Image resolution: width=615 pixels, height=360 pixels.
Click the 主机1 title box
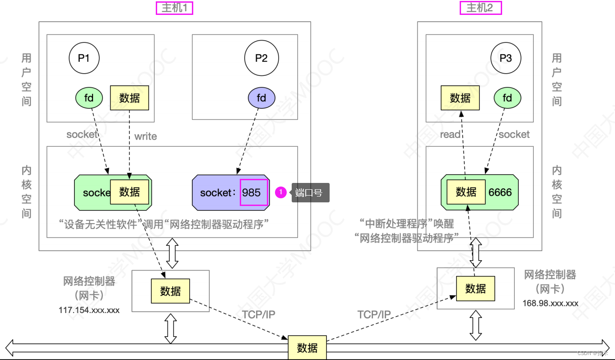coord(174,8)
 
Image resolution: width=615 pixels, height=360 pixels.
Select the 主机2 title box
coord(480,8)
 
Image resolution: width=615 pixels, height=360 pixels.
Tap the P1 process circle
coord(84,58)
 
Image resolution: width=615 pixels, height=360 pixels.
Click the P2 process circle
coord(261,58)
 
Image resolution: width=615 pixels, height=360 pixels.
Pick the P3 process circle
coord(506,58)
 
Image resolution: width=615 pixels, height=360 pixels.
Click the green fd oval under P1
coord(89,98)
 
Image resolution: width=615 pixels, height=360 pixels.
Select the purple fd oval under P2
coord(261,98)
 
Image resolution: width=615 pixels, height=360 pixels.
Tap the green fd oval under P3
coord(508,98)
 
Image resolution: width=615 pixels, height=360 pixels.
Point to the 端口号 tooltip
coord(310,193)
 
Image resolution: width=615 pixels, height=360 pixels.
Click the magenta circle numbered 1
coord(281,193)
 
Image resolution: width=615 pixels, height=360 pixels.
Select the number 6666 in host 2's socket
coord(500,192)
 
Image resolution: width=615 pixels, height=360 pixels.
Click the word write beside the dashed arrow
coord(145,136)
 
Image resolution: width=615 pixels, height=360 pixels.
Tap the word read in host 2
coord(450,135)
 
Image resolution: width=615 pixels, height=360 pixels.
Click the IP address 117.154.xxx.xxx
coord(89,310)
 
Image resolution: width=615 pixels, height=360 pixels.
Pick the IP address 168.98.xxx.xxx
coord(550,304)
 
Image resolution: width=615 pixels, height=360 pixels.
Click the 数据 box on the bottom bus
coord(307,348)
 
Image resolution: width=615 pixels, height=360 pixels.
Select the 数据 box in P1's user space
coord(130,98)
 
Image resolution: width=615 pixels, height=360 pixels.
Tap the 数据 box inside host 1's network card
coord(170,291)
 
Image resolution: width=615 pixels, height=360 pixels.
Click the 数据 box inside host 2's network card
coord(475,289)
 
